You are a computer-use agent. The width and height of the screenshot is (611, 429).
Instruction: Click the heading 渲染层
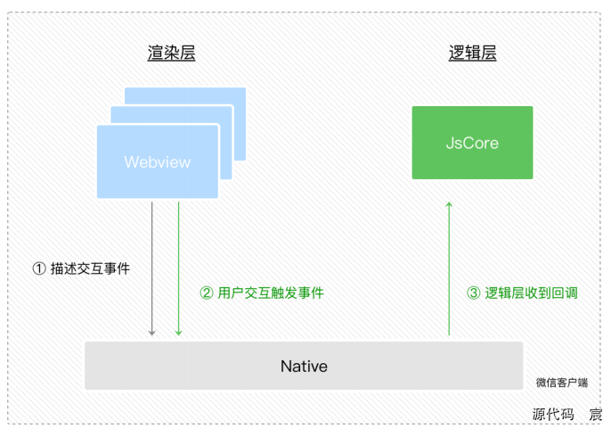(171, 54)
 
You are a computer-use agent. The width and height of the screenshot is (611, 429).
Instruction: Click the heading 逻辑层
(472, 54)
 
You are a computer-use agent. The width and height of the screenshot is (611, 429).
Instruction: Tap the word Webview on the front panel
(158, 162)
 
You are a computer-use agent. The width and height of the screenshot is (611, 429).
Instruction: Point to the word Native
(304, 367)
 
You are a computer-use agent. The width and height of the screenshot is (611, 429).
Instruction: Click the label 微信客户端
(561, 383)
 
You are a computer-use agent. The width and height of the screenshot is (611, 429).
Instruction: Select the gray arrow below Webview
(152, 268)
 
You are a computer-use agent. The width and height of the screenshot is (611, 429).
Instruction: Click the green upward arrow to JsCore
(449, 268)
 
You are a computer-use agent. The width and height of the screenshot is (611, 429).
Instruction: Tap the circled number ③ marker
(474, 293)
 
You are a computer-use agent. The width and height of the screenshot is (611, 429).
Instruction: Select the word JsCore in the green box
(472, 143)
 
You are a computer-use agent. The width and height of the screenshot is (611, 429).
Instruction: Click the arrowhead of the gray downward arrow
(152, 332)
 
